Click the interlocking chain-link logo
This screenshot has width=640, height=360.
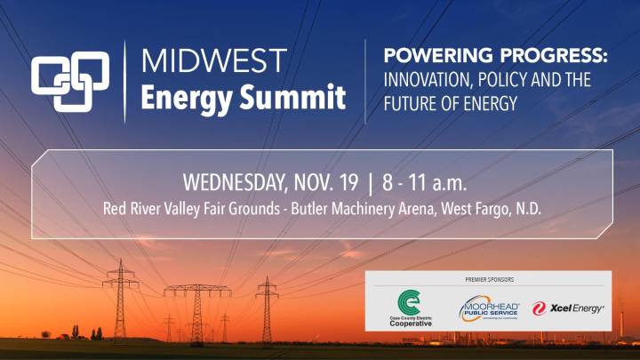(70, 81)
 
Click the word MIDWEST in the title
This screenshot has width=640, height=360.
(213, 61)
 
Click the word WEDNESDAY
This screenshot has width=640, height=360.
(239, 184)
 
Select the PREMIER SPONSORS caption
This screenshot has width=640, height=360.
(489, 279)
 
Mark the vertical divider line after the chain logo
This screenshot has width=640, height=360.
(125, 80)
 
